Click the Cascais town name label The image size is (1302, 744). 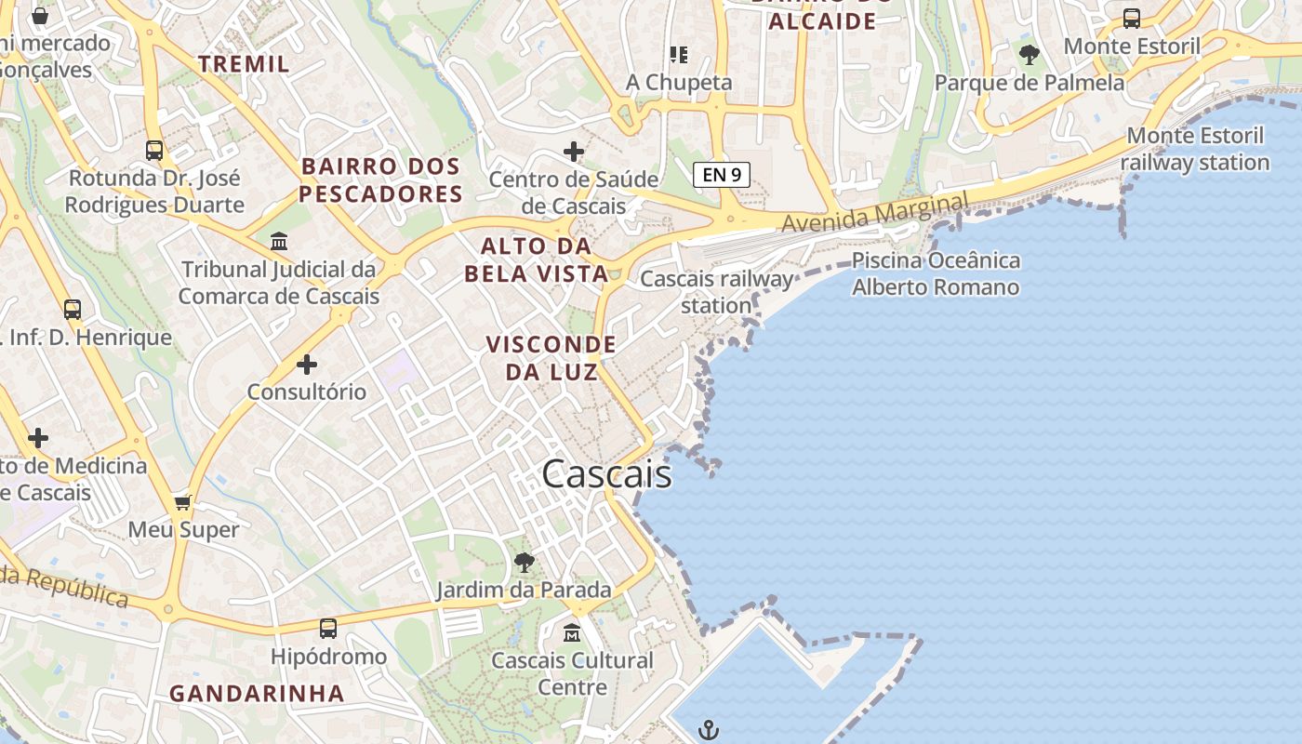tap(606, 474)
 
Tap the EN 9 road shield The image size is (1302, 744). tap(721, 174)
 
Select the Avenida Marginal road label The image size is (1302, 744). tap(874, 213)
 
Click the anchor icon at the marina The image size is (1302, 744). tap(709, 730)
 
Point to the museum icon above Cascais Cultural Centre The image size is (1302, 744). tap(572, 633)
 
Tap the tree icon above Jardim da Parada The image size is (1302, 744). tap(525, 562)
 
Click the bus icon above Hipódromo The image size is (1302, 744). tap(328, 629)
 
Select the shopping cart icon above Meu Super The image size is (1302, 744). tap(183, 502)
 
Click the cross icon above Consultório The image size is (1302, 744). tap(307, 365)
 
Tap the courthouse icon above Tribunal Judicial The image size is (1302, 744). tap(279, 242)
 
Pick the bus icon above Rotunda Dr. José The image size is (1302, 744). tap(154, 150)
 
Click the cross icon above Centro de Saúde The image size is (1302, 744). tap(574, 151)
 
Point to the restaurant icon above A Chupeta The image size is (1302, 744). tap(679, 55)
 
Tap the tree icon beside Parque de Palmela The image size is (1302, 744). tap(1029, 55)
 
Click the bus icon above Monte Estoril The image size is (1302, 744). tap(1132, 18)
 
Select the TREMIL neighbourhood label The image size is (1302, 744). tap(244, 64)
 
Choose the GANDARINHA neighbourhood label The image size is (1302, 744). tap(257, 693)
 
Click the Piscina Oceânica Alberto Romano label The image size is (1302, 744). tap(936, 273)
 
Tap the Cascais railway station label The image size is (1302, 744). tap(717, 291)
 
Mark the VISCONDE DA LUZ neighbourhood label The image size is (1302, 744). tap(551, 358)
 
